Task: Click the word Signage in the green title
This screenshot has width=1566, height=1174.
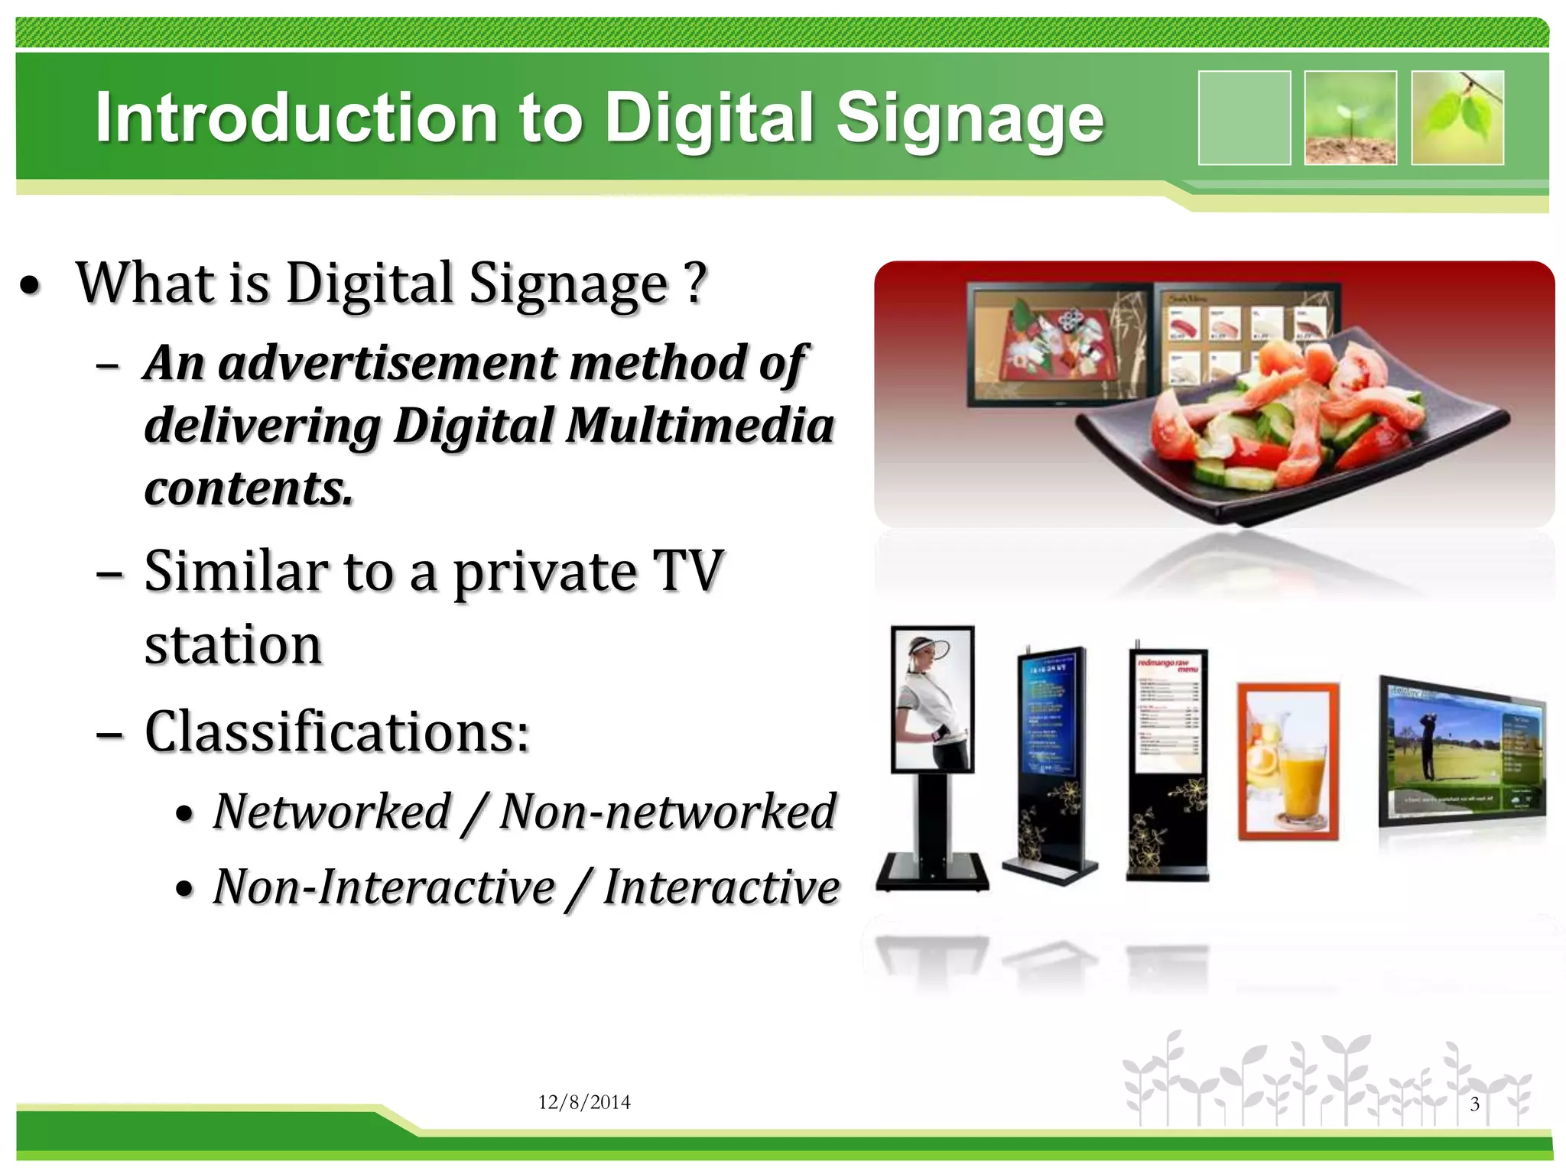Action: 970,119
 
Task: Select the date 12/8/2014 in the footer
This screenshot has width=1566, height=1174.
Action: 584,1102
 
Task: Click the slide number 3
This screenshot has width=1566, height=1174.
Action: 1475,1104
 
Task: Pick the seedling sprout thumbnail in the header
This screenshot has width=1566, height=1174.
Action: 1350,118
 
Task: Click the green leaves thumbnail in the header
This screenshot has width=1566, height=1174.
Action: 1457,118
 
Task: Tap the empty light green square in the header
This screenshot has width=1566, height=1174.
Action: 1244,118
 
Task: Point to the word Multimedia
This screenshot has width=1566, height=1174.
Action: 700,425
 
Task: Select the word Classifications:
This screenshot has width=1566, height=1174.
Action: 336,732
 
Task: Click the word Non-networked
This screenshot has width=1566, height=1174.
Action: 668,812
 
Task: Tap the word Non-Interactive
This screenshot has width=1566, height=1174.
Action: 384,887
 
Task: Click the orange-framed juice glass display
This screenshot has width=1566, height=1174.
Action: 1288,761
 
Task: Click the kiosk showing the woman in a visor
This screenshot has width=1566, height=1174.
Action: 933,699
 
